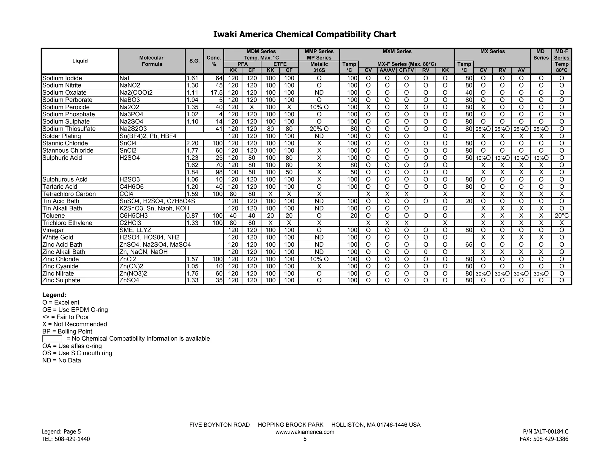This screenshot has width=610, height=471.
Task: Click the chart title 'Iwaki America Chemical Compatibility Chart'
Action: tap(305, 35)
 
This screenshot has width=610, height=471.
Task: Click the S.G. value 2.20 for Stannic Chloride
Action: tap(192, 143)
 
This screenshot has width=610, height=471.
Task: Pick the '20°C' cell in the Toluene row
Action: tap(561, 216)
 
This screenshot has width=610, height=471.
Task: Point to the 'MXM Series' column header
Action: tap(397, 51)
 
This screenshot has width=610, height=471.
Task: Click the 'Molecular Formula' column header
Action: tap(152, 61)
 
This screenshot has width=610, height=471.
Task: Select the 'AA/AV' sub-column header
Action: tap(387, 71)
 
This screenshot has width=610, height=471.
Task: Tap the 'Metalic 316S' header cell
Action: tap(319, 67)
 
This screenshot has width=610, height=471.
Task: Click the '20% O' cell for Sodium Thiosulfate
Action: tap(319, 129)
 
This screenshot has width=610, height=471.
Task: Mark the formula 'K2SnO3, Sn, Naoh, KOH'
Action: tap(154, 209)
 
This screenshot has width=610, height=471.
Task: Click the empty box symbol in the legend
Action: tap(52, 339)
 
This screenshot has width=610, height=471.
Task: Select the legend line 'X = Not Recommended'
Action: tap(74, 324)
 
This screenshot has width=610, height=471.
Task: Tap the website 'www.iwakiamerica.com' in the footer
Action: tap(305, 432)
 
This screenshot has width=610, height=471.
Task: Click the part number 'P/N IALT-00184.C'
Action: tap(545, 431)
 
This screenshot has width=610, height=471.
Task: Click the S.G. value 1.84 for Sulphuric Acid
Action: tap(192, 172)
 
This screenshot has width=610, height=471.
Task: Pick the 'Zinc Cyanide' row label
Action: tap(60, 266)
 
